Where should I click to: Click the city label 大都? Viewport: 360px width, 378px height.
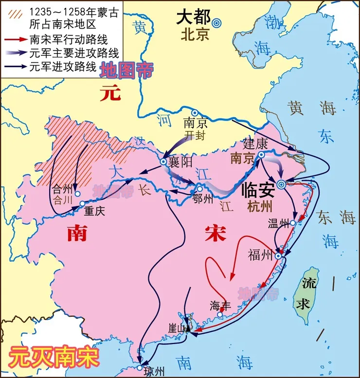coord(193,18)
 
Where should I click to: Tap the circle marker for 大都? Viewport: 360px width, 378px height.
coord(216,22)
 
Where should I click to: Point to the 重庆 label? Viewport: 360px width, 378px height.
coord(95,211)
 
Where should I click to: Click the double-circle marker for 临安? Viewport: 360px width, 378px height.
coord(281,184)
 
